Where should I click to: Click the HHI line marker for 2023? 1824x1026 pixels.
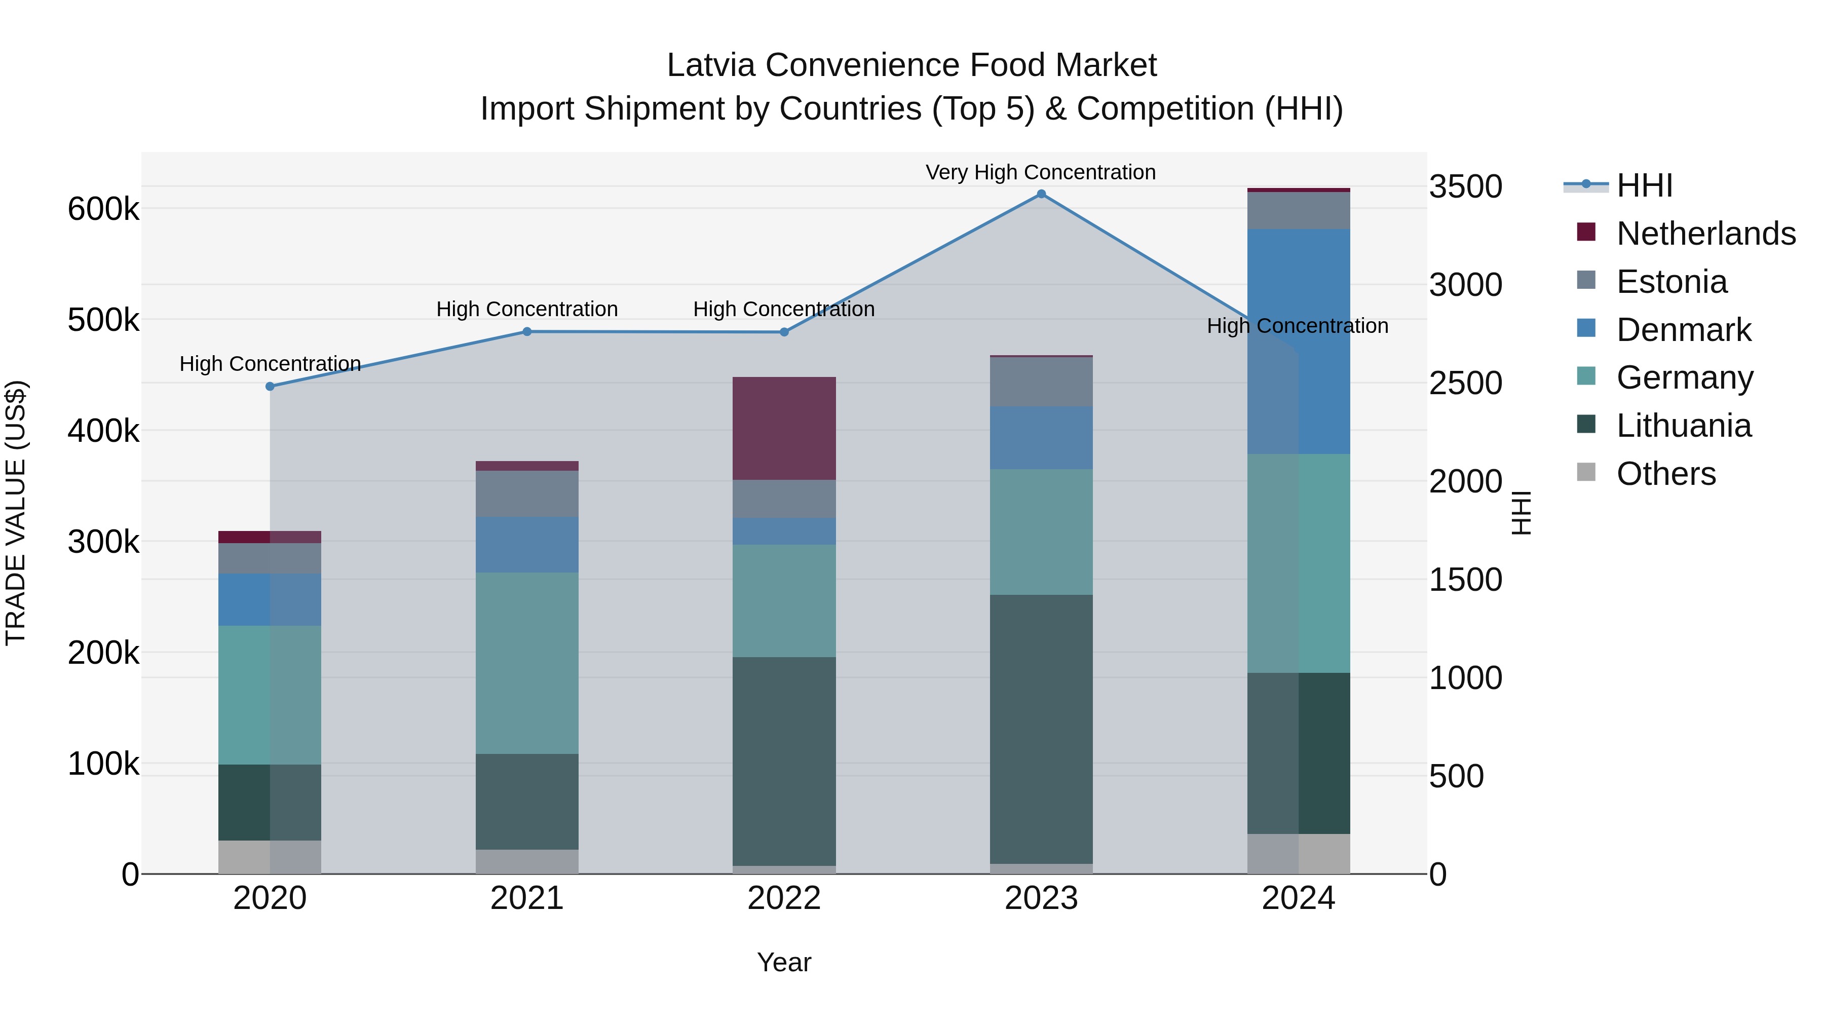[x=1041, y=194]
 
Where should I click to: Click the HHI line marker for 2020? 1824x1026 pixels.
[x=270, y=387]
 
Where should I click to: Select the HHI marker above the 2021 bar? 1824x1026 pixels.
[x=527, y=331]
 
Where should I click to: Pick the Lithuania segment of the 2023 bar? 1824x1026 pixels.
[x=1041, y=729]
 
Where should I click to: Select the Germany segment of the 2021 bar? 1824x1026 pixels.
[x=527, y=663]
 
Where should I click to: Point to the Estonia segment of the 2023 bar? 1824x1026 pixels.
[x=1041, y=381]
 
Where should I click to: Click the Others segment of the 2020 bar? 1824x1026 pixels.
[x=270, y=857]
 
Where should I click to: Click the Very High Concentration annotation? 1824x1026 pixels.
[x=1040, y=172]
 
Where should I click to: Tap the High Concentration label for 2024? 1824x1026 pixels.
[x=1297, y=326]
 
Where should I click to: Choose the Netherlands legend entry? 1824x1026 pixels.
[x=1706, y=234]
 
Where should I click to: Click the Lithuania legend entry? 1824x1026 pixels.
[x=1683, y=426]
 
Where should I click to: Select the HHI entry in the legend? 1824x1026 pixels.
[x=1644, y=185]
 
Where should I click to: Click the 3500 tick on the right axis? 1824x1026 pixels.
[x=1465, y=187]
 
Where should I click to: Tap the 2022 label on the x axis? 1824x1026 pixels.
[x=784, y=898]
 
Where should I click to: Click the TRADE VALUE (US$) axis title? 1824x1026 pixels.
[x=16, y=513]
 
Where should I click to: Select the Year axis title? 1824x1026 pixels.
[x=784, y=962]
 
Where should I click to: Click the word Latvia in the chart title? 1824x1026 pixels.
[x=711, y=65]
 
